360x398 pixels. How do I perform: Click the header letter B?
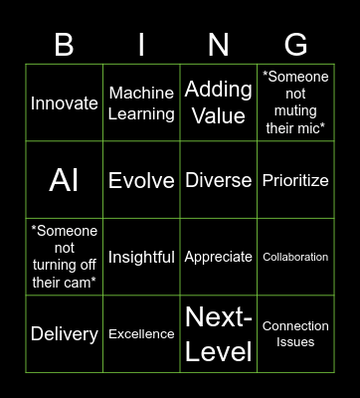64,44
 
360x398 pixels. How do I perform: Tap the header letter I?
141,44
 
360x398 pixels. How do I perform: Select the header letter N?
218,44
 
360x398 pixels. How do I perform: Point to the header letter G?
295,44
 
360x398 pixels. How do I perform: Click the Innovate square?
65,102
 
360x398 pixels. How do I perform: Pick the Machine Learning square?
141,102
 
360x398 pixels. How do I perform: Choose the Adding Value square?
218,102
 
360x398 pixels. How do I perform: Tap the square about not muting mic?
295,102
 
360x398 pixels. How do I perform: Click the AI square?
65,180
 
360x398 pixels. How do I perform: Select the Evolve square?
141,180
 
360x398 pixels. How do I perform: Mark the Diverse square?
218,180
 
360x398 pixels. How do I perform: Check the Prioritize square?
295,180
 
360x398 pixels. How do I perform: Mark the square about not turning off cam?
65,257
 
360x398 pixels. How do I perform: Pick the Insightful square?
141,257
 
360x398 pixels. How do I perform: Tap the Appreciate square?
218,257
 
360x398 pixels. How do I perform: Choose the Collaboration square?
295,257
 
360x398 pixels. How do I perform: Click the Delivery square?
65,334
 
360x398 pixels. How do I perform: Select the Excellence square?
141,334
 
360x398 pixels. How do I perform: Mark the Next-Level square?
218,334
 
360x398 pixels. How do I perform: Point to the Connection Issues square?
295,334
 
